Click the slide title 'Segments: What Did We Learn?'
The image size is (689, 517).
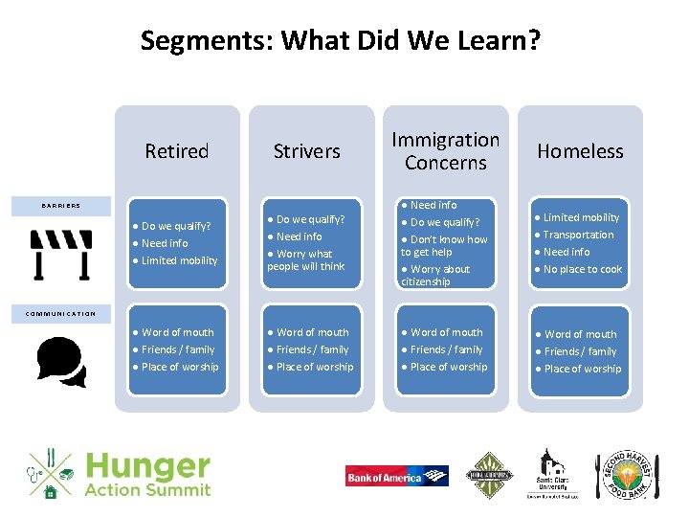click(x=340, y=41)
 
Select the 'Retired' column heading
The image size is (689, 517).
click(x=176, y=151)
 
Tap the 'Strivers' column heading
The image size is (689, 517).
click(x=306, y=151)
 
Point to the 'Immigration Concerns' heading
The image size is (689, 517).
click(x=445, y=151)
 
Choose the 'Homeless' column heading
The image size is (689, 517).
click(x=580, y=151)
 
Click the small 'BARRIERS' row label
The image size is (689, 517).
click(x=60, y=205)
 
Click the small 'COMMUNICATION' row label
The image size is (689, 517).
click(x=60, y=314)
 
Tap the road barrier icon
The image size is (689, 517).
click(x=61, y=255)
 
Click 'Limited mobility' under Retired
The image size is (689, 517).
click(x=179, y=260)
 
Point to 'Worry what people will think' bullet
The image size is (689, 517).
click(x=306, y=260)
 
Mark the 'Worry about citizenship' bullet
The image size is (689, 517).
click(x=437, y=276)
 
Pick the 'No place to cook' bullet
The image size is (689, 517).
click(x=583, y=269)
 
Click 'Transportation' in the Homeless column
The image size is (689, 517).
click(x=578, y=235)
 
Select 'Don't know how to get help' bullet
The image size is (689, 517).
click(x=444, y=246)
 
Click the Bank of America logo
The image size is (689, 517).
click(x=396, y=476)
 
